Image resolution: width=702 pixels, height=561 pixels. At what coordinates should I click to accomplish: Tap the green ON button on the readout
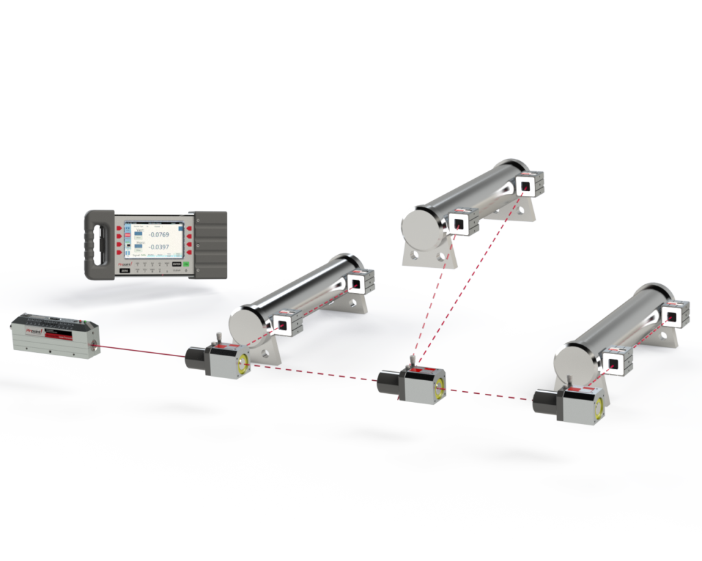185,264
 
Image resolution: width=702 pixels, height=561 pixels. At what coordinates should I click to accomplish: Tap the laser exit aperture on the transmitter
96,349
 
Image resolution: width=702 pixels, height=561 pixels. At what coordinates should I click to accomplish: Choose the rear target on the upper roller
526,185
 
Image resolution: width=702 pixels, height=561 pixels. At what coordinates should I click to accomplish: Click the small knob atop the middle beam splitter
410,359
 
